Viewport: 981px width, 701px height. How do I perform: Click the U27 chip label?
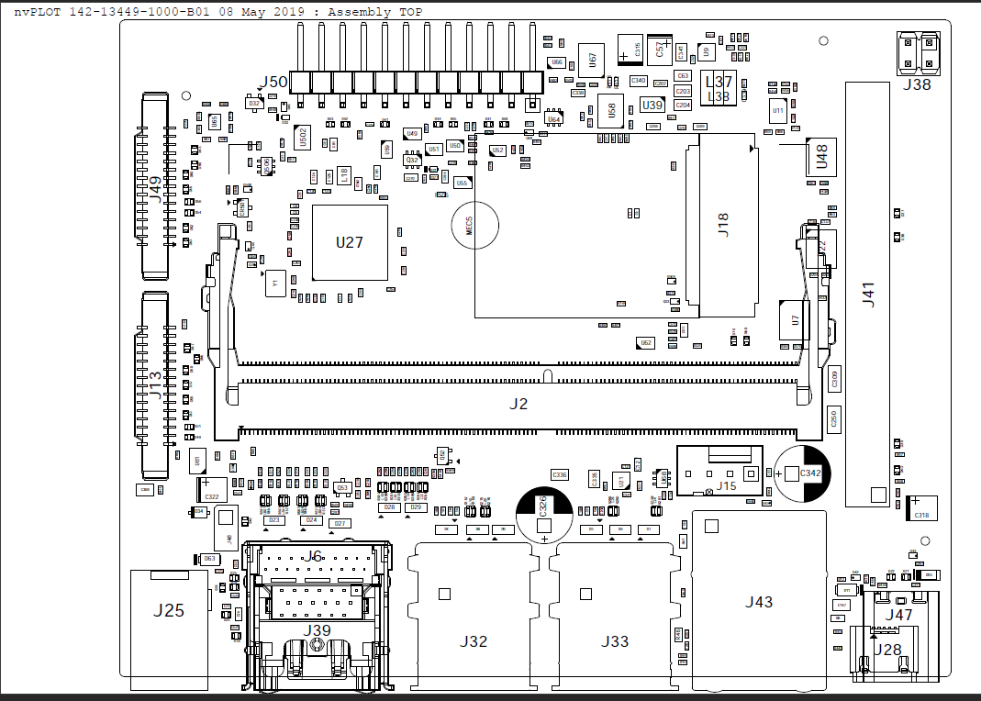point(350,243)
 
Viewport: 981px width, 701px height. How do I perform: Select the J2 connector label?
point(519,404)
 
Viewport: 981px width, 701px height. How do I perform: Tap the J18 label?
point(723,226)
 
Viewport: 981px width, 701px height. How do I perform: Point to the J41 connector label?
point(868,295)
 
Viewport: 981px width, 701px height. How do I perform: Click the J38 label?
point(916,84)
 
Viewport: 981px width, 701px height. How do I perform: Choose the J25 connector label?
point(170,609)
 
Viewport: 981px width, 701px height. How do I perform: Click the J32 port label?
point(474,641)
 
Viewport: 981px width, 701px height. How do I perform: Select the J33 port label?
point(614,641)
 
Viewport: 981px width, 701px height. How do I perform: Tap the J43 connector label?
point(759,602)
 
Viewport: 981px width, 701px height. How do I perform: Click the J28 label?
point(887,650)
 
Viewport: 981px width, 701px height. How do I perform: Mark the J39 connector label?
point(318,629)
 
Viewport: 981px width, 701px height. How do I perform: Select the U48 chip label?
point(822,157)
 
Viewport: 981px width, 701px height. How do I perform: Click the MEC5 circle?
point(474,223)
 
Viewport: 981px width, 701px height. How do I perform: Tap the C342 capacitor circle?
point(803,473)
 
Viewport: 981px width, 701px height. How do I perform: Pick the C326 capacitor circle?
point(543,510)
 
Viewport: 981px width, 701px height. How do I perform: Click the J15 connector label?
point(727,486)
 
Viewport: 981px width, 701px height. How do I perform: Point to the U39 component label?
point(652,106)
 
